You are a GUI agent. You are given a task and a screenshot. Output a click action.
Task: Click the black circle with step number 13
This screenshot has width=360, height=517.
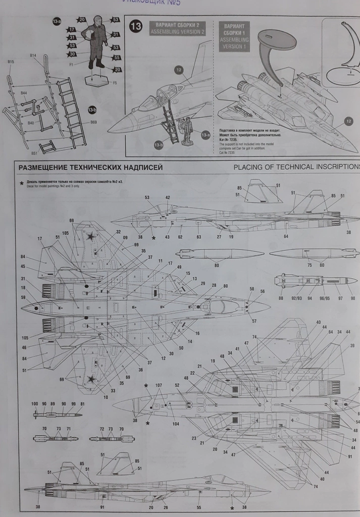click(136, 27)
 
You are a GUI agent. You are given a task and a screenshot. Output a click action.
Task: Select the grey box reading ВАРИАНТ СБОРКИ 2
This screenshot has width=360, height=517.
click(178, 28)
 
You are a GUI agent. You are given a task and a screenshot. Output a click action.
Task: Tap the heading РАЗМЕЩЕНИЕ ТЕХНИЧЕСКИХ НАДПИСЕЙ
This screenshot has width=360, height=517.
click(90, 168)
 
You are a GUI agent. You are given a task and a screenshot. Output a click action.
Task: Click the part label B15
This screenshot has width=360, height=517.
click(11, 62)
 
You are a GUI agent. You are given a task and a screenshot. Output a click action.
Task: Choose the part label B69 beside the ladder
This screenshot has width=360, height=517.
click(93, 123)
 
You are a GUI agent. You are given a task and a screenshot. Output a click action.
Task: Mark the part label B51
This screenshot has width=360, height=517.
click(34, 153)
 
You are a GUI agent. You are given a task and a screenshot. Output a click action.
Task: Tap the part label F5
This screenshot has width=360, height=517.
click(115, 83)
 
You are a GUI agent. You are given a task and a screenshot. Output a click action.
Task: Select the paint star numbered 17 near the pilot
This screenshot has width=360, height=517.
click(72, 29)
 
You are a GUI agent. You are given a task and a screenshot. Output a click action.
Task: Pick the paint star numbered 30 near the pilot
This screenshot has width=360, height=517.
click(72, 54)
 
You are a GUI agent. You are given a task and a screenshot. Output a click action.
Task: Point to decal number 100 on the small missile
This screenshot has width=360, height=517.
click(34, 404)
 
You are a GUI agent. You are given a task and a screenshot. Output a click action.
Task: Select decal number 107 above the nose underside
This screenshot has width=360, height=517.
click(159, 386)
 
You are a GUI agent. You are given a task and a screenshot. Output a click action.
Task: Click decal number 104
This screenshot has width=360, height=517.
click(175, 424)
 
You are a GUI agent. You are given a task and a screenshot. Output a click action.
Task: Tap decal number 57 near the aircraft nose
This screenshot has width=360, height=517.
click(254, 321)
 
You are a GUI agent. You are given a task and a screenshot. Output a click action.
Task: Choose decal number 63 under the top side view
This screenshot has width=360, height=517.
click(198, 236)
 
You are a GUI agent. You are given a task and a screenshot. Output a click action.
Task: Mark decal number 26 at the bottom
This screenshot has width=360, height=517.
click(166, 507)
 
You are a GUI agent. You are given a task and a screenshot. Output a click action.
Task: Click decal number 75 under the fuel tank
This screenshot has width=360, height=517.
click(310, 265)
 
